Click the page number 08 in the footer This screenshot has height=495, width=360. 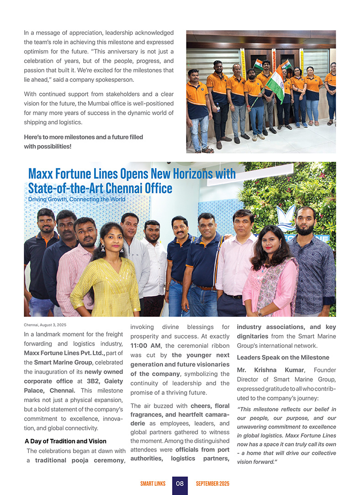point(180,484)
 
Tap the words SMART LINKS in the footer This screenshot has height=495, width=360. point(153,484)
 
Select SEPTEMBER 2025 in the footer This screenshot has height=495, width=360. point(213,484)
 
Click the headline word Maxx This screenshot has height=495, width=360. point(42,174)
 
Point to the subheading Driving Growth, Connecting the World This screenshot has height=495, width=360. point(76,199)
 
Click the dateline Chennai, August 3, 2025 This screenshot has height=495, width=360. point(45,325)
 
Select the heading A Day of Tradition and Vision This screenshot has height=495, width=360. point(65,441)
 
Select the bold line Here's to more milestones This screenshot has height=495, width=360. point(83,137)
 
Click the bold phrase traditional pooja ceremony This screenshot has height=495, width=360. point(79,460)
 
